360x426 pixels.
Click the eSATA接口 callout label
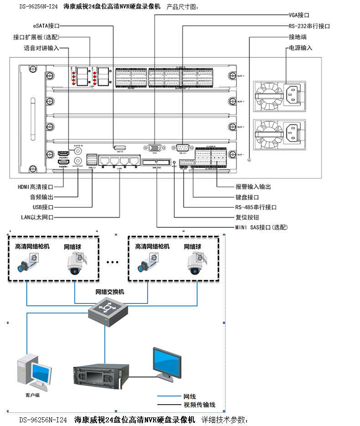click(46, 26)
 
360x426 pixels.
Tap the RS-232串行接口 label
click(309, 26)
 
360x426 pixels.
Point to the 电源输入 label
click(300, 47)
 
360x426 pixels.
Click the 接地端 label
click(297, 36)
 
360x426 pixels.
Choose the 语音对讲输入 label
click(41, 48)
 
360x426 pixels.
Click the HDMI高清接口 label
click(36, 187)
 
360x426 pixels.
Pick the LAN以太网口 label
click(37, 217)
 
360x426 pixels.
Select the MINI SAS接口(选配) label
click(261, 227)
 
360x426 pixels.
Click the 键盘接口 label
click(247, 197)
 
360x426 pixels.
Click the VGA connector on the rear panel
click(155, 148)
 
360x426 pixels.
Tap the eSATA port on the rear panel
click(120, 148)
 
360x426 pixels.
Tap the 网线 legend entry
click(190, 396)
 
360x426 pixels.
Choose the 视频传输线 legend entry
click(199, 405)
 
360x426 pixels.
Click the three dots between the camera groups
click(112, 262)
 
